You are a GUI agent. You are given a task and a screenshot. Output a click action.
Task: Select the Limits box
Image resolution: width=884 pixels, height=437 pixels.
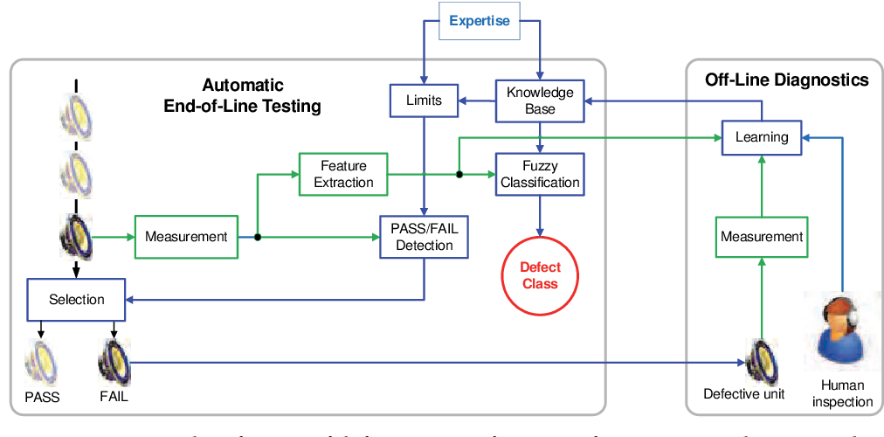[424, 100]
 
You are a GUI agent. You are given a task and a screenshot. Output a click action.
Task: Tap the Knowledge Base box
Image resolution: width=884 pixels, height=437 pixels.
[540, 101]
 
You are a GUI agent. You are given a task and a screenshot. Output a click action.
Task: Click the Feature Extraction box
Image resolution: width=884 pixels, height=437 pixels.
[343, 173]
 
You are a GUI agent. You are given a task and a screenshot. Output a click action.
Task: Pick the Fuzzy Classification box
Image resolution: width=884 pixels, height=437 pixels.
[540, 173]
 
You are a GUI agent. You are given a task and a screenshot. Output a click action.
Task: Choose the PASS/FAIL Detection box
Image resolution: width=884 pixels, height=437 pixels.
[425, 236]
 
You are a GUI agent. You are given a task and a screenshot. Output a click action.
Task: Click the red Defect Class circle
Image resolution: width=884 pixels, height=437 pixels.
[540, 274]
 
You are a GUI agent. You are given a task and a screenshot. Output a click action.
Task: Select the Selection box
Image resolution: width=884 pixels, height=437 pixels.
[77, 299]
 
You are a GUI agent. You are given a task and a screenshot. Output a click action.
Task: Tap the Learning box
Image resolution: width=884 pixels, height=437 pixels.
[761, 137]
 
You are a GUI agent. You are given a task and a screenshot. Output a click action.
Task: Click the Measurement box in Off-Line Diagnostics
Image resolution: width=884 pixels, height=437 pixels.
[761, 236]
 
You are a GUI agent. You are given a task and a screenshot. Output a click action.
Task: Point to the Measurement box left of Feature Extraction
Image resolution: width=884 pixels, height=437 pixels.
[186, 236]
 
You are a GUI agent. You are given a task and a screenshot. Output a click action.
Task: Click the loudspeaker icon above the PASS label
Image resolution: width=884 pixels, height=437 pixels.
[40, 360]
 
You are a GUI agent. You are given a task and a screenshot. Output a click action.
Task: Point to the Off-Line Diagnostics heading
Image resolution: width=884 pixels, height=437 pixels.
[786, 80]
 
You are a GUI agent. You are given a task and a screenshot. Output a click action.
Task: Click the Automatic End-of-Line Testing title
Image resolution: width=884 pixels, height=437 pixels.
[242, 96]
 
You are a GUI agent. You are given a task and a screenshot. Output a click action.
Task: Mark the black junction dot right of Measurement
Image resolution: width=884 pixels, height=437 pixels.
[258, 237]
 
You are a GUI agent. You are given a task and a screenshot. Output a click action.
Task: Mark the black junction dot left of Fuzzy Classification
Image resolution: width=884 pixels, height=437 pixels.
[459, 174]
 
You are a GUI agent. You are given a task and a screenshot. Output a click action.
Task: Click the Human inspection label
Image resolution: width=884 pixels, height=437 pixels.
[842, 393]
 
